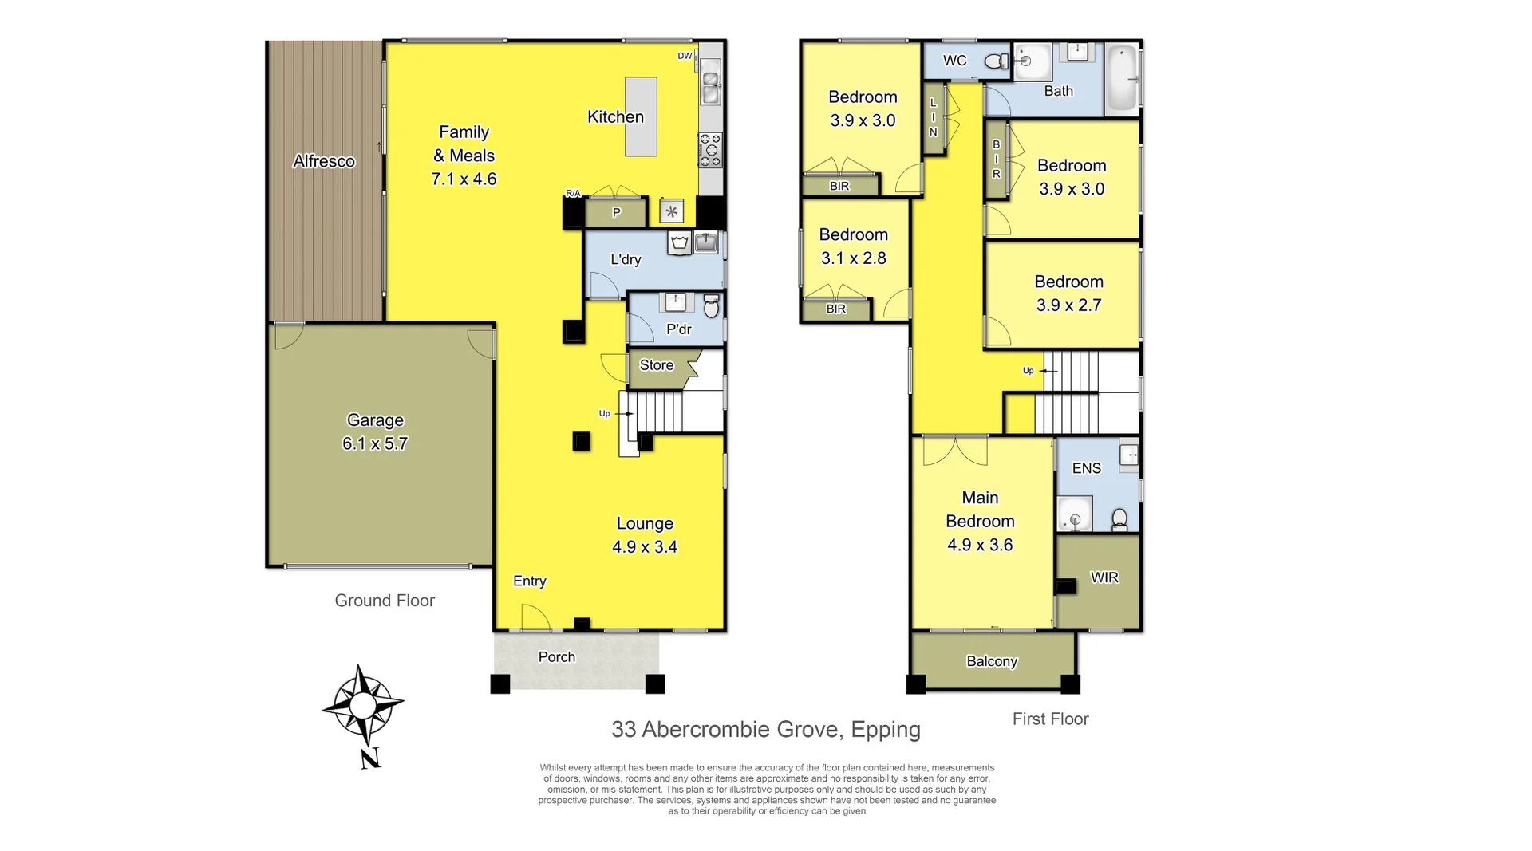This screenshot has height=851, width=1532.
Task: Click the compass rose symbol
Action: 362,707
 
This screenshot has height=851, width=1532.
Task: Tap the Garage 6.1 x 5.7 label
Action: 375,431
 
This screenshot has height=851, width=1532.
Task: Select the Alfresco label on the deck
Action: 323,161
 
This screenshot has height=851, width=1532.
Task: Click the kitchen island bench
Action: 641,116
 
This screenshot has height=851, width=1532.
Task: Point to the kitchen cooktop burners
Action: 710,150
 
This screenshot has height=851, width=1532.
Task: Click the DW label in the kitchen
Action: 685,56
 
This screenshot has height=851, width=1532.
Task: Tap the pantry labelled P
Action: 616,213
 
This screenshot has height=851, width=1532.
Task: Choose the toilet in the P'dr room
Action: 712,305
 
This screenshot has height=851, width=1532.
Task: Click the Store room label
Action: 657,365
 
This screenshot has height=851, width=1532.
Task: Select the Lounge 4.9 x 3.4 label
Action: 645,535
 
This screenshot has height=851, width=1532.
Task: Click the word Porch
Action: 556,657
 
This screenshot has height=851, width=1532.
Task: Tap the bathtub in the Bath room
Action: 1122,80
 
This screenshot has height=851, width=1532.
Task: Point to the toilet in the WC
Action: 997,61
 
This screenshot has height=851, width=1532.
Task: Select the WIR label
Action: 1104,577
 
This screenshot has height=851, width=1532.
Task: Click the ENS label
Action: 1086,468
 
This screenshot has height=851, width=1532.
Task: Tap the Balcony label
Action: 992,661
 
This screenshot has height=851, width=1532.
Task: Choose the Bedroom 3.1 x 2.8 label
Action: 853,246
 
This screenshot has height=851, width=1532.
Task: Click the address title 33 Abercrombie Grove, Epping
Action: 765,729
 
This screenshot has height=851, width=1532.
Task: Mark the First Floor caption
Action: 1050,719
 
